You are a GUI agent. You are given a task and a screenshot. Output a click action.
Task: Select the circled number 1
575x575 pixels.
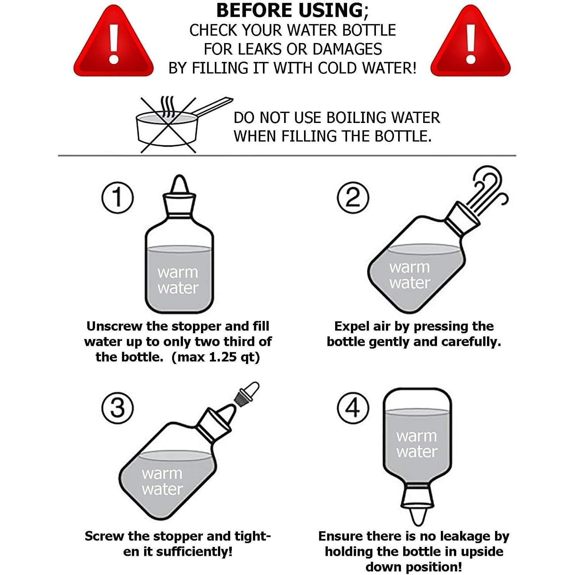tap(118, 198)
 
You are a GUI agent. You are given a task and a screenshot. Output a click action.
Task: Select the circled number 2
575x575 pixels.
tap(353, 198)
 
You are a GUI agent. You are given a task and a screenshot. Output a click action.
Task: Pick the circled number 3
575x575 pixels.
tap(118, 407)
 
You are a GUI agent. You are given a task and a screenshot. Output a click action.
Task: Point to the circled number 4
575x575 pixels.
tap(353, 407)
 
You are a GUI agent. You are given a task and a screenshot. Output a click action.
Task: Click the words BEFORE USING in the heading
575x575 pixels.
tap(289, 10)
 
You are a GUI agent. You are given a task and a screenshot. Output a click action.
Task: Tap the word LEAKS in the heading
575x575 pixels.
tap(261, 49)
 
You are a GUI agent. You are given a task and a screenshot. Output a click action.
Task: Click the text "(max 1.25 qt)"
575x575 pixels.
tap(216, 357)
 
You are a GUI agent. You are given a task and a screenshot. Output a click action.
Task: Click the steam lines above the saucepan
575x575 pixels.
tap(167, 106)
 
